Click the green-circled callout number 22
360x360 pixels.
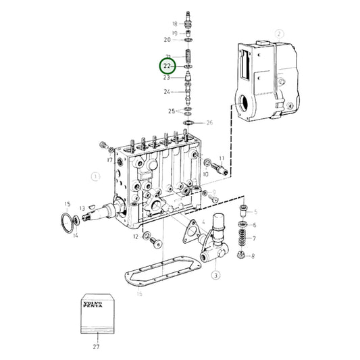[167, 66]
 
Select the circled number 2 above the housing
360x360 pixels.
[279, 32]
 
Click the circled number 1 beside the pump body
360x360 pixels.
[95, 177]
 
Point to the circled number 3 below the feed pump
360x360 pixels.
[215, 276]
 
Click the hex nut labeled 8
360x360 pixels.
[240, 255]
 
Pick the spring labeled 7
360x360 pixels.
[240, 239]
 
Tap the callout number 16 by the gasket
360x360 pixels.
[139, 294]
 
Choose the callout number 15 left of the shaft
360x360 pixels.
[67, 203]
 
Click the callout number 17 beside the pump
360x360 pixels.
[108, 161]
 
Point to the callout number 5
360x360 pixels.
[255, 213]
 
